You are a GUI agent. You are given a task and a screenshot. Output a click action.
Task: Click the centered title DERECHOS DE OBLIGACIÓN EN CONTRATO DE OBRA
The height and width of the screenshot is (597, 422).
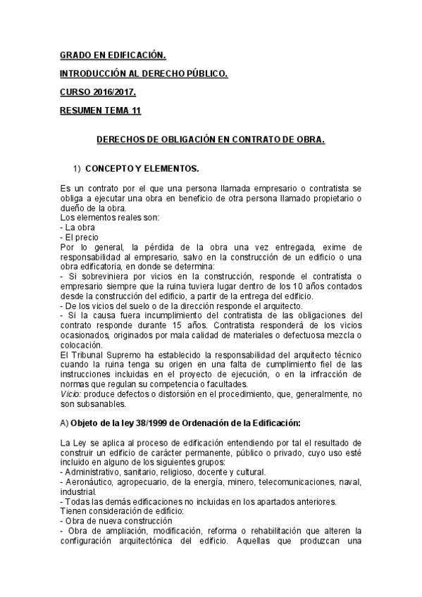coord(211,139)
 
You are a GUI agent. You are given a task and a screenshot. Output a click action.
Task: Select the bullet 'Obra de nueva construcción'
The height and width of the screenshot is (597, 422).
coord(119,520)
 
